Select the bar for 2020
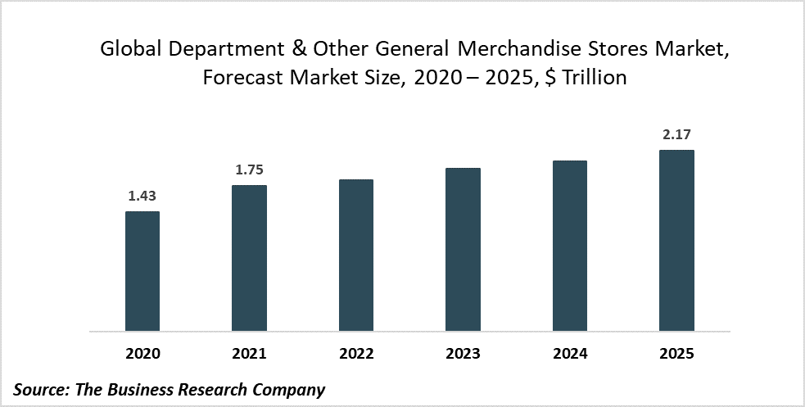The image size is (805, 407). tap(142, 272)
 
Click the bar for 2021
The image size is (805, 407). tap(249, 259)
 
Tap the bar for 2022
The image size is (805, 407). tap(356, 256)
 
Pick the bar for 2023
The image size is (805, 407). tap(463, 250)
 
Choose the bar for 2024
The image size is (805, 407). tap(570, 246)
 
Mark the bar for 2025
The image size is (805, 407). tap(676, 241)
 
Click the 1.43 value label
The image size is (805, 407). tap(142, 197)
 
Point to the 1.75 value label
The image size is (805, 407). tap(249, 170)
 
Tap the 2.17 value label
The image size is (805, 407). tap(676, 134)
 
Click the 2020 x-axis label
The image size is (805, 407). tap(142, 354)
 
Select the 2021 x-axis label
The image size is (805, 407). tap(249, 354)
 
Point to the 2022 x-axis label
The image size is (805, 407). tap(356, 354)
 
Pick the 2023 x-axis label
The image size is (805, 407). tap(463, 354)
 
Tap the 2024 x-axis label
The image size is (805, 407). tap(570, 354)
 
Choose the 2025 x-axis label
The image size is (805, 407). tap(676, 354)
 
